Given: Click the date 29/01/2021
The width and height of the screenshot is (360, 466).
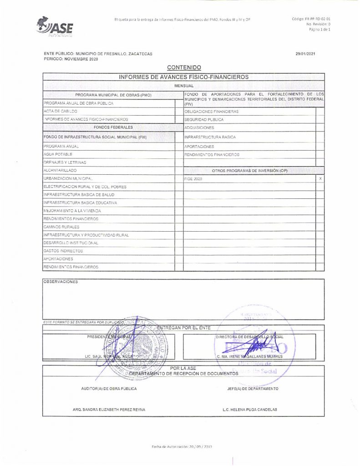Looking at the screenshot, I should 305,54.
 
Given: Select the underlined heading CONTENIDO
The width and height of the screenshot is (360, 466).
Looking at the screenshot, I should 184,68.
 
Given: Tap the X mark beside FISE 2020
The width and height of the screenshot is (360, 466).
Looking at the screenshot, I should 320,179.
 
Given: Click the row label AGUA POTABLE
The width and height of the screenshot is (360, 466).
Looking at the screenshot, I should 58,155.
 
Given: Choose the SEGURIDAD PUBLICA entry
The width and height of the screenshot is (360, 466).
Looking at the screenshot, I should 204,119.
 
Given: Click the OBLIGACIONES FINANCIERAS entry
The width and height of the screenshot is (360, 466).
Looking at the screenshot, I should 211,111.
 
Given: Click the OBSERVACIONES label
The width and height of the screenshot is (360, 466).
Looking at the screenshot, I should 61,282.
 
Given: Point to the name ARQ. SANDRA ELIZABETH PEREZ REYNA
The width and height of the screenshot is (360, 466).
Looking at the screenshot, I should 109,410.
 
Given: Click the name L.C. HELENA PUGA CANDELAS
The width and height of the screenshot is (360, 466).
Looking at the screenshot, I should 249,410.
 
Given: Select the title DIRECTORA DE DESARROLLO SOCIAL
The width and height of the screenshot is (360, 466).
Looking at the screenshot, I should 250,337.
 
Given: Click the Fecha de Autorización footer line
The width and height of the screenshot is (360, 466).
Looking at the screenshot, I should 182,447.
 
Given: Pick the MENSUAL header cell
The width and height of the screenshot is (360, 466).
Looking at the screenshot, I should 184,86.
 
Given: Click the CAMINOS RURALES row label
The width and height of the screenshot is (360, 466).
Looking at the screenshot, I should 61,227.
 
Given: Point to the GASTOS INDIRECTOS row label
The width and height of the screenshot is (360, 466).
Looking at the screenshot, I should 63,251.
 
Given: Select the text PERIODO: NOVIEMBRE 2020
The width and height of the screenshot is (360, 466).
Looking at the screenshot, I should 71,59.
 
